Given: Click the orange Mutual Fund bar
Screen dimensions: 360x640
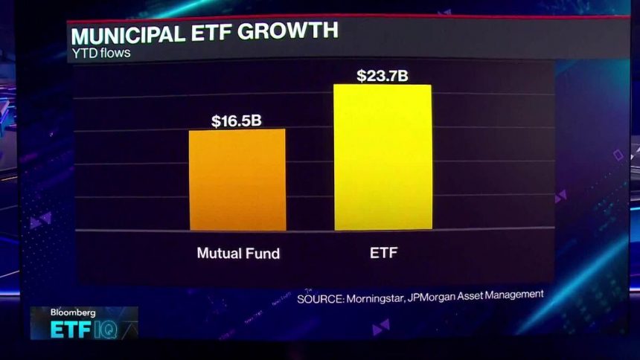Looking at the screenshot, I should click(x=237, y=180).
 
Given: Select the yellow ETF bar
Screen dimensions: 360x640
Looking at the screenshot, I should click(x=383, y=157).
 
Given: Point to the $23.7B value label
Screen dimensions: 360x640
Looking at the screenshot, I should click(x=383, y=76).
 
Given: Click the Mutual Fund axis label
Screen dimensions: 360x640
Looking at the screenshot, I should click(x=238, y=253).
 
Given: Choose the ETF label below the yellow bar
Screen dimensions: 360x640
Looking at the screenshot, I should click(x=384, y=253).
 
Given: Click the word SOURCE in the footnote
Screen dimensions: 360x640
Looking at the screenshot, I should click(x=319, y=298).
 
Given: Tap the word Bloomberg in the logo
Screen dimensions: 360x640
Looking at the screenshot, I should click(x=73, y=313).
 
